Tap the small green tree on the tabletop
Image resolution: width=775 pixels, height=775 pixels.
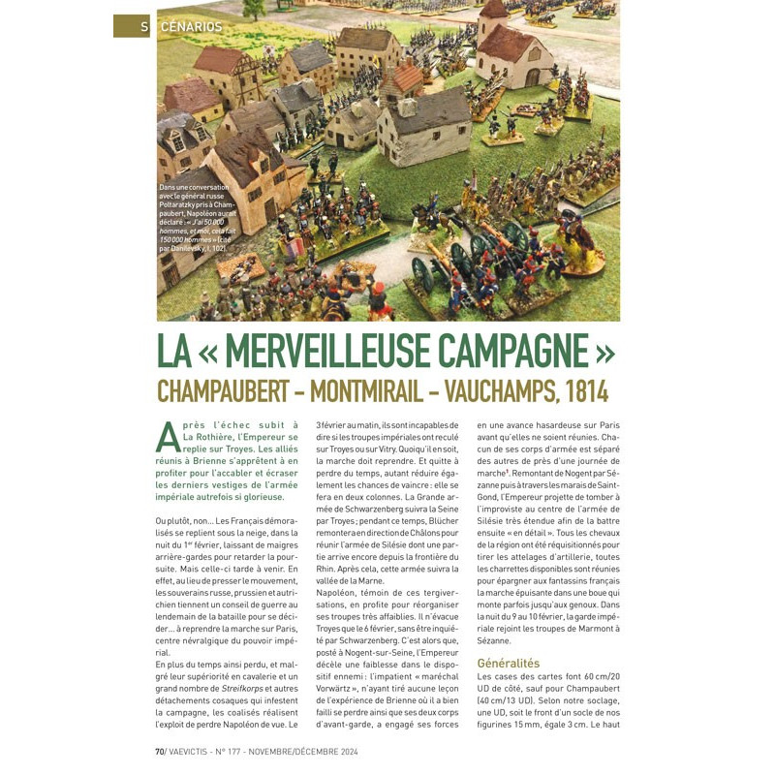255,11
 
